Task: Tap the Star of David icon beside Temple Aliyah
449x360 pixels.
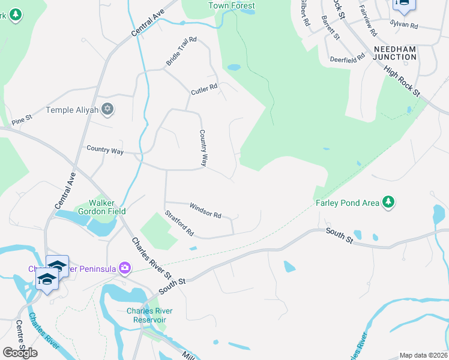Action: coord(108,109)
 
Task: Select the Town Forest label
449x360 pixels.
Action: coord(232,6)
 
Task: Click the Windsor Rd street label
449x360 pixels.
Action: coord(205,211)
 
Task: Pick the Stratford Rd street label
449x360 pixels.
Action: coord(179,223)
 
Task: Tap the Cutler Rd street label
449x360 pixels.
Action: coord(204,90)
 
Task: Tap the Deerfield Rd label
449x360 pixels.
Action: coord(348,59)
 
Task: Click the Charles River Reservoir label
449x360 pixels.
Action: coord(146,315)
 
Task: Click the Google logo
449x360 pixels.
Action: coord(20,352)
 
